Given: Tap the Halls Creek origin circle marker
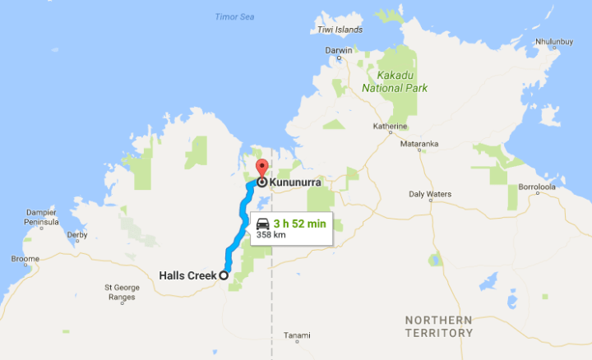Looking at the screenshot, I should tap(223, 276).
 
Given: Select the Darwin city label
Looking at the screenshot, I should tap(339, 50).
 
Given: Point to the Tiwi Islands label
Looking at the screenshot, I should tap(340, 30).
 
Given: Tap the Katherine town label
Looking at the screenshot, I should tap(391, 127).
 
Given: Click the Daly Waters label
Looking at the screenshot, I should tap(430, 194).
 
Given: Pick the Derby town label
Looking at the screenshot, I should tap(77, 235).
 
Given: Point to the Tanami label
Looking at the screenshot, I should tap(297, 335).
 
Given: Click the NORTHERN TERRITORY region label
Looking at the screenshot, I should tap(438, 325).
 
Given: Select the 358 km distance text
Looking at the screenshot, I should tap(272, 235).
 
